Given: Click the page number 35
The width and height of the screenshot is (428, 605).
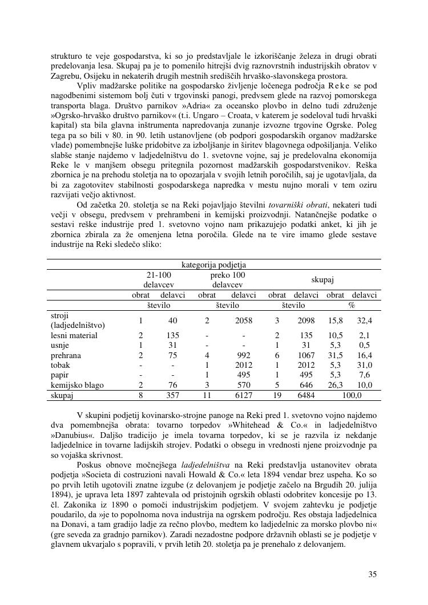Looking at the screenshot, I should [372, 574].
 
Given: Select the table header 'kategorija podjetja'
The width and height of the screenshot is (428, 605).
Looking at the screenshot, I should [214, 265].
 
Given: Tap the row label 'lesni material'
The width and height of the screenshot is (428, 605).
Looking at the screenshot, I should [74, 336].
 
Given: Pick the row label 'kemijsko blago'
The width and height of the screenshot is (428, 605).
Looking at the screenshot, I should [77, 385].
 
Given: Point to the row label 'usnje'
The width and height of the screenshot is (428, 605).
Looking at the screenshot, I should [61, 346].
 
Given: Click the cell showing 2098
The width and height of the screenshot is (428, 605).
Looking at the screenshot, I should [306, 320].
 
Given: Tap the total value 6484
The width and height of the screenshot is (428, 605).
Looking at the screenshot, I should [306, 395].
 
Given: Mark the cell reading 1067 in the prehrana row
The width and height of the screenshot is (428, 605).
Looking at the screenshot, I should [306, 355].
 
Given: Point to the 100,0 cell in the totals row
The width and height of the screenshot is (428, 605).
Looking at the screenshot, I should [352, 395].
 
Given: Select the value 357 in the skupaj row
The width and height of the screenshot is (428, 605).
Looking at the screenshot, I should [172, 395].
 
